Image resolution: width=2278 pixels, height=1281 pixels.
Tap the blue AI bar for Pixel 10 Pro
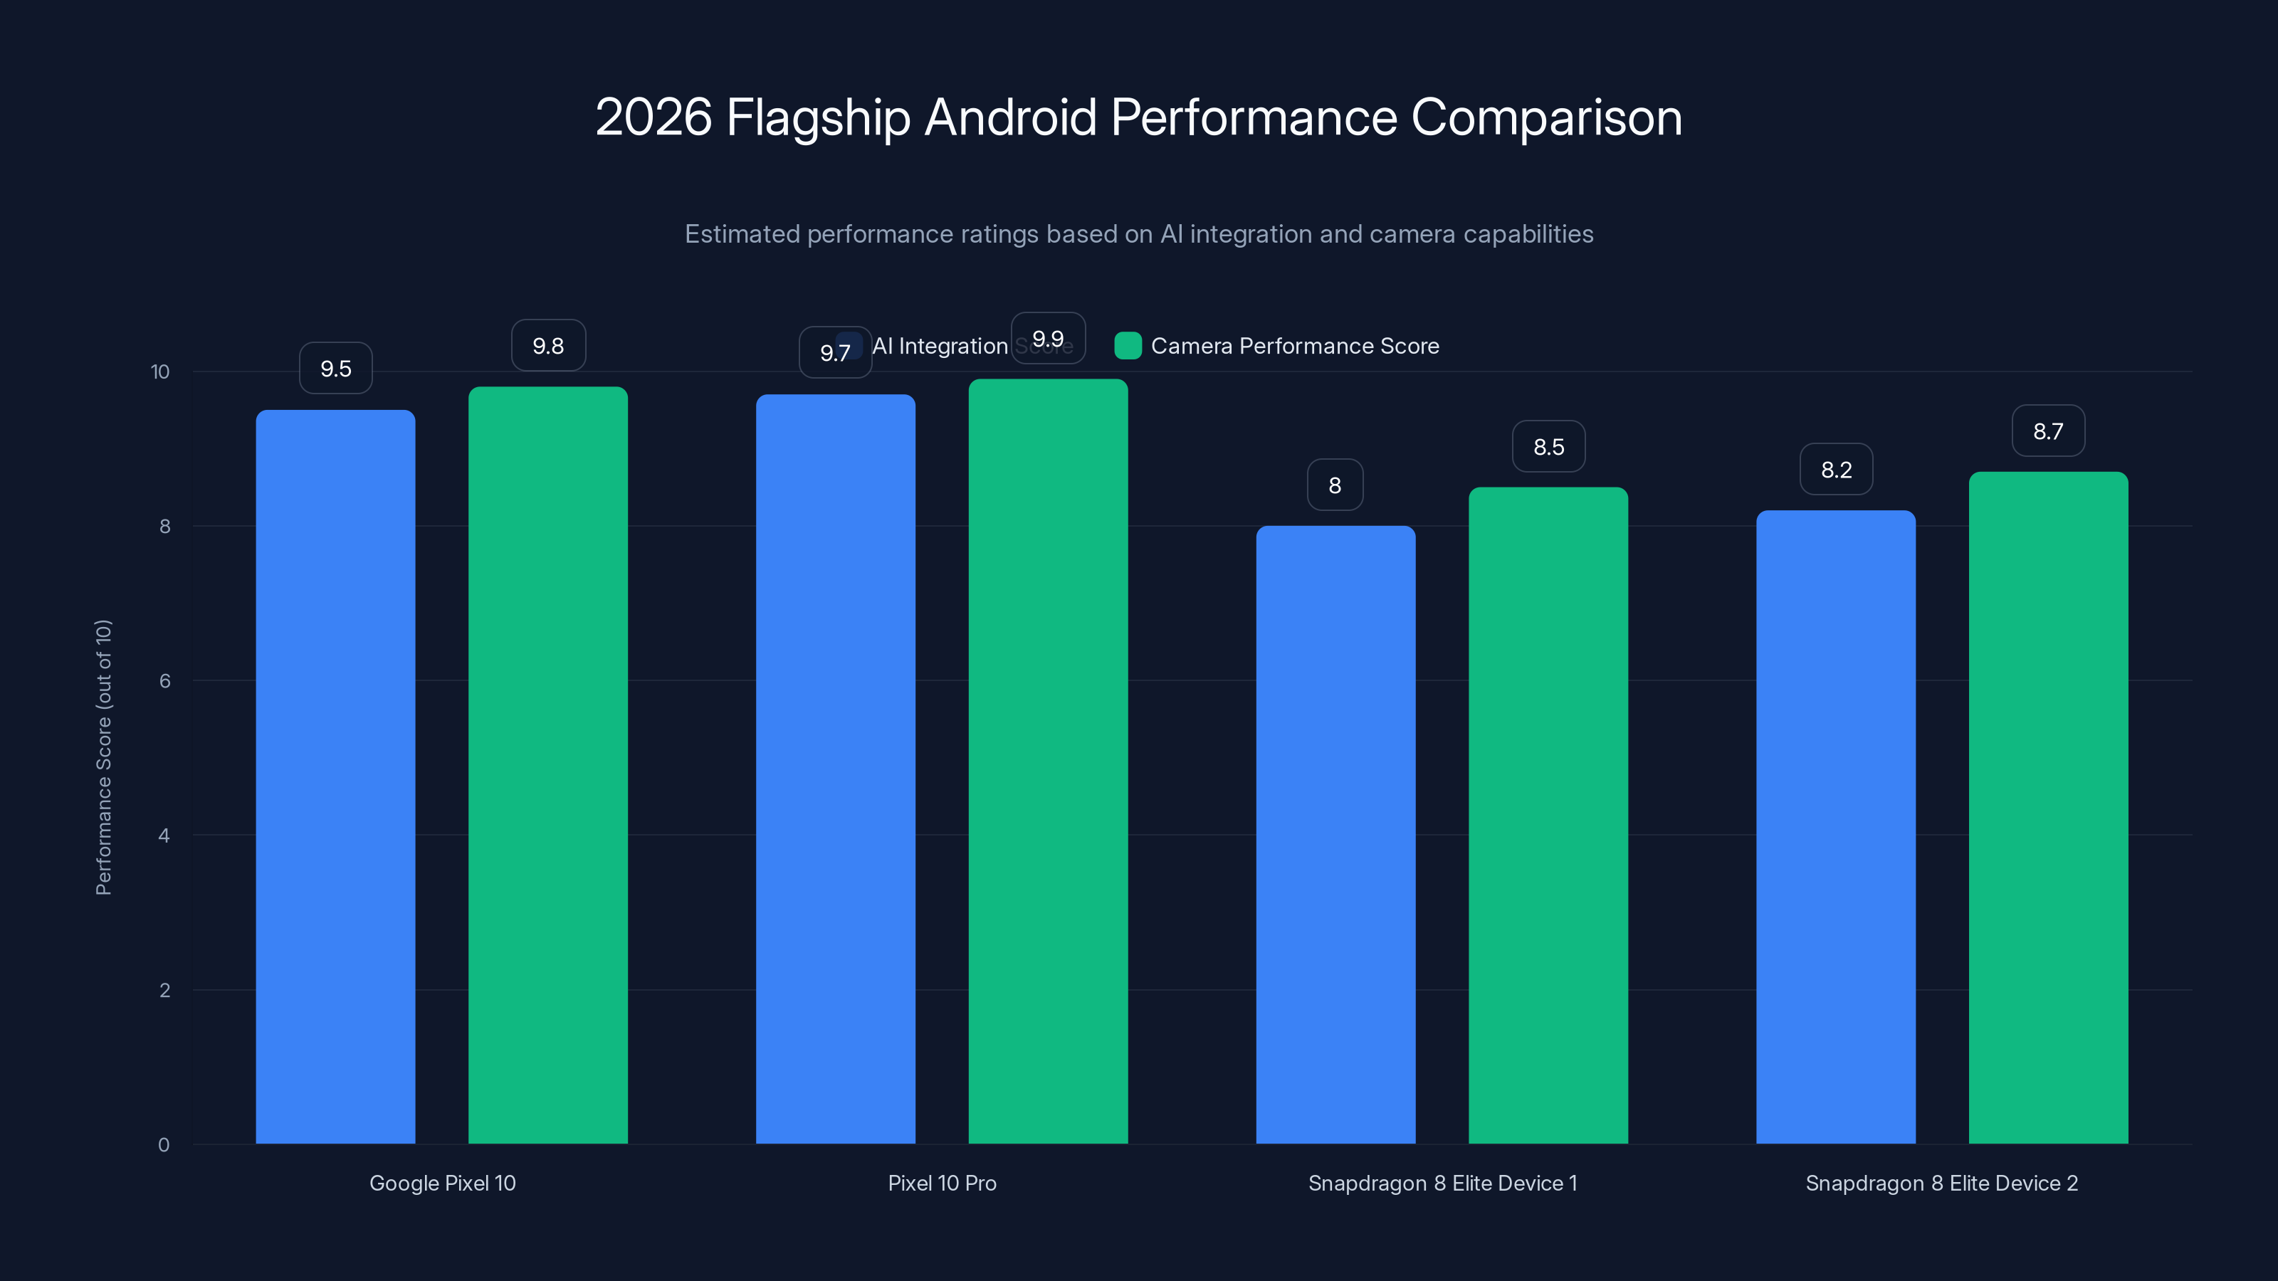835,769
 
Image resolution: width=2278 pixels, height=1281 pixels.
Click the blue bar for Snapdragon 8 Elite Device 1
1335,835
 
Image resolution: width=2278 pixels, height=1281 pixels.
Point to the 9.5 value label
335,369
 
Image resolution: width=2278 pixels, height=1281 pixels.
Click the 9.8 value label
548,346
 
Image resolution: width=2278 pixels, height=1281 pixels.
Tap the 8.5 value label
1548,448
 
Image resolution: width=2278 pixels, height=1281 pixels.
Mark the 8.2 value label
1836,470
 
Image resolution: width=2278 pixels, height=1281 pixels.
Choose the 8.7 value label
2048,431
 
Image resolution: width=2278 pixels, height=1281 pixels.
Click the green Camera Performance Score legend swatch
1128,346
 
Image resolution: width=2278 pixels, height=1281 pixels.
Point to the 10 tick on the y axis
160,371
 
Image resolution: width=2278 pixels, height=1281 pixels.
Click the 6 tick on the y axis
164,681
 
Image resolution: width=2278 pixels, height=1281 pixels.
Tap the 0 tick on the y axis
164,1145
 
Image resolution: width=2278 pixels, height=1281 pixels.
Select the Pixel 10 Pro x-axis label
942,1183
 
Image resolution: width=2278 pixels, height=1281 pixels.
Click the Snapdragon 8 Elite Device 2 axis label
1941,1183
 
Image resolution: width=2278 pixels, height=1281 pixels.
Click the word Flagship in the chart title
818,117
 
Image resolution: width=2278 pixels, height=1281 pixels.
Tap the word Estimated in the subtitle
742,234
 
